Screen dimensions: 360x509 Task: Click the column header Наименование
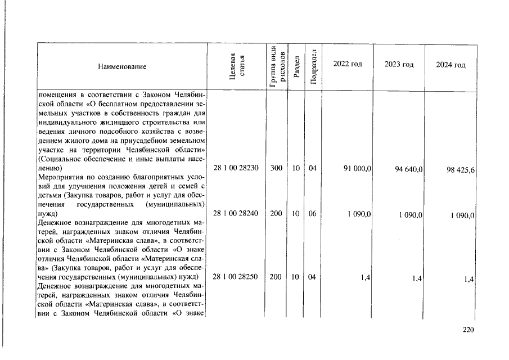coord(122,67)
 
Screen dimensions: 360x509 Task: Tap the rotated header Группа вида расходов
coord(276,67)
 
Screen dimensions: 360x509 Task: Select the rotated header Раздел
coord(296,67)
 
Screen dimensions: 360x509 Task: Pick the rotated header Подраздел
coord(314,67)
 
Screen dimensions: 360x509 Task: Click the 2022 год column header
coord(348,64)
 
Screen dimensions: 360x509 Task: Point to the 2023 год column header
coord(399,64)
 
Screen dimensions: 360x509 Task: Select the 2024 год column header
coord(451,65)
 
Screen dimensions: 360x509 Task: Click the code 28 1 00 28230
coord(236,168)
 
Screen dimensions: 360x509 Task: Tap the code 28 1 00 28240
coord(236,214)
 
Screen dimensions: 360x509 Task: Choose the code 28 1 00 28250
coord(236,277)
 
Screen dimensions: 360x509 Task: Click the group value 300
coord(276,168)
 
